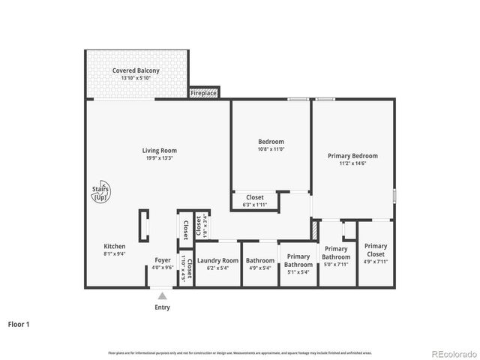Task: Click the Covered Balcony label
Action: click(x=136, y=70)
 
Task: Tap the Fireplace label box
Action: click(x=203, y=93)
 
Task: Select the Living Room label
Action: click(x=159, y=151)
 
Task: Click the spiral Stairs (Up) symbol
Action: click(x=100, y=193)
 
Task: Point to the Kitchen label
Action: click(x=115, y=246)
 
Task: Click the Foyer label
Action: click(x=162, y=260)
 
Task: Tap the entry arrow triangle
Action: click(x=162, y=296)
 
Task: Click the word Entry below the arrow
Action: click(x=162, y=307)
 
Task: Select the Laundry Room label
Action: click(x=217, y=260)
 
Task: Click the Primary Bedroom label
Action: click(x=352, y=156)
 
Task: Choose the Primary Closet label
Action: click(x=376, y=250)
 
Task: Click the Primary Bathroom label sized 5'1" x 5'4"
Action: click(x=298, y=260)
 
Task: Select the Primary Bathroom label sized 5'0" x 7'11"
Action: click(x=336, y=253)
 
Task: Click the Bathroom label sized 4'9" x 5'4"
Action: click(x=260, y=260)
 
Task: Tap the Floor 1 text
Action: click(x=19, y=325)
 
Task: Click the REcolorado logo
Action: click(x=453, y=352)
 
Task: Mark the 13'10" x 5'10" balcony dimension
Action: click(x=136, y=78)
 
